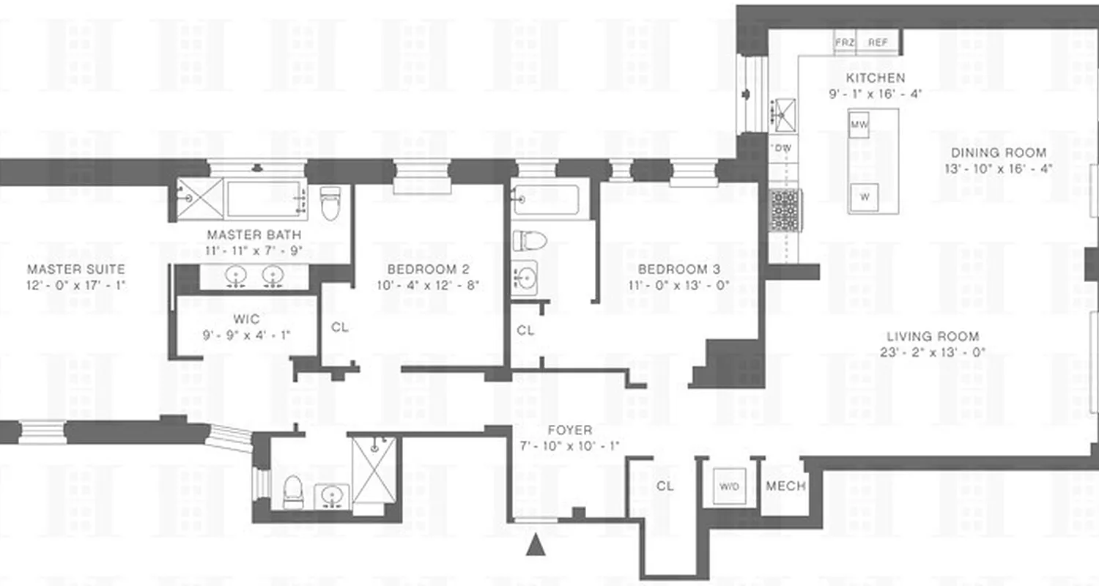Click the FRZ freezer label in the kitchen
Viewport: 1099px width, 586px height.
click(x=845, y=42)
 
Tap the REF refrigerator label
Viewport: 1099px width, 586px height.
click(x=878, y=42)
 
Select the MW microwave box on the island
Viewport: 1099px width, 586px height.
click(x=859, y=125)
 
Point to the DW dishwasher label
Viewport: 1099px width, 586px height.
click(x=782, y=148)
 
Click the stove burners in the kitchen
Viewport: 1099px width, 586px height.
click(x=785, y=210)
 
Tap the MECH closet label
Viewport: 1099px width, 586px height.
click(x=785, y=486)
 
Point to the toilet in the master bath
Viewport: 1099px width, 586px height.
click(x=330, y=204)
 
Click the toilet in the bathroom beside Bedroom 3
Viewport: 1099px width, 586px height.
click(x=530, y=240)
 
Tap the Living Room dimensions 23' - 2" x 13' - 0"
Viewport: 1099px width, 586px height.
click(x=933, y=352)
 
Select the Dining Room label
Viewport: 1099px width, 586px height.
click(x=999, y=153)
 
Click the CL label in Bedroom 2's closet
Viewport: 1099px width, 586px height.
click(x=340, y=327)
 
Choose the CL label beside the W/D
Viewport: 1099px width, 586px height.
click(x=665, y=486)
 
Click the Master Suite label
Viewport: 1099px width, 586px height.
click(x=75, y=270)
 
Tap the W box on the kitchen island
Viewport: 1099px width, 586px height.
click(x=865, y=196)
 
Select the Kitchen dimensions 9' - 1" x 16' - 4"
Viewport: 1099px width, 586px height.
click(x=875, y=94)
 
